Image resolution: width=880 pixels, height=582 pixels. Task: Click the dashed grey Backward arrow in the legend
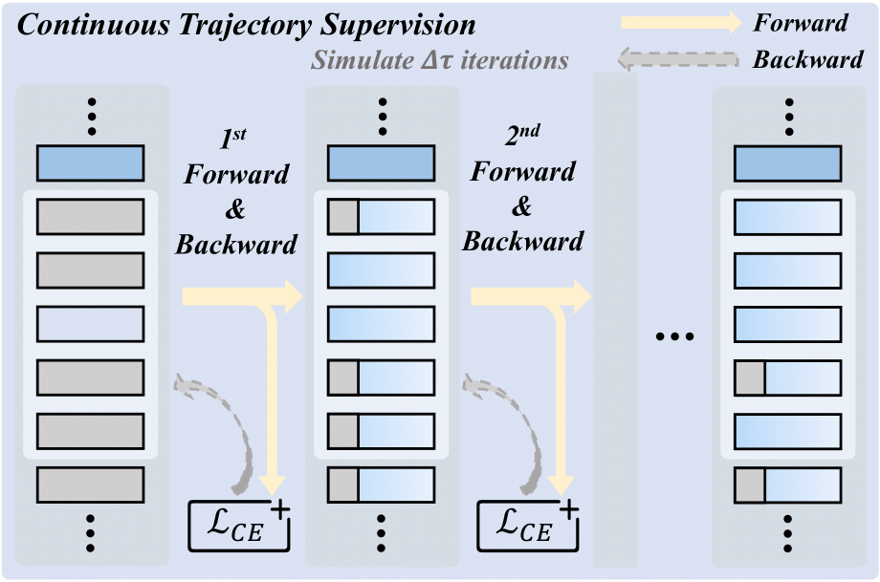pos(678,60)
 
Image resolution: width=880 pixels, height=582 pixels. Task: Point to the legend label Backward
pos(807,60)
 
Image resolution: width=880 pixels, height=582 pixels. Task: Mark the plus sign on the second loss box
pos(568,507)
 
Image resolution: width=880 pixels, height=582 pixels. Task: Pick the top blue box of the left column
pos(90,163)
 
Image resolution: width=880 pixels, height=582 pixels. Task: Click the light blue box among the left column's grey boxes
pos(90,324)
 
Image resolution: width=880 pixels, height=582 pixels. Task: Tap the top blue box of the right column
pos(787,163)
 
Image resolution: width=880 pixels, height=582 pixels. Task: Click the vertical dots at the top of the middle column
pos(382,116)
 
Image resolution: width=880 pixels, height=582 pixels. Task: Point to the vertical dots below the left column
pos(90,533)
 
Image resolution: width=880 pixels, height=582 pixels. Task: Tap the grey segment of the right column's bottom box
pos(750,485)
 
